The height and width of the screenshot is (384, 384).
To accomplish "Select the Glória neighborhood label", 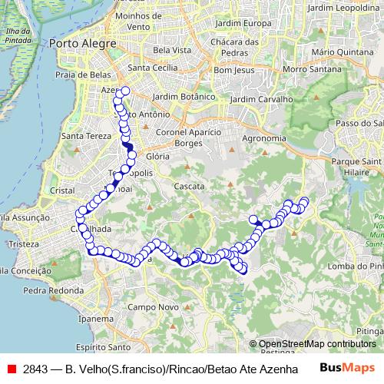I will point(157,155).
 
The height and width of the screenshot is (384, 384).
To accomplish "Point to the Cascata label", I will point(189,187).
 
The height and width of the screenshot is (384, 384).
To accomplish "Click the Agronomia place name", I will point(263,138).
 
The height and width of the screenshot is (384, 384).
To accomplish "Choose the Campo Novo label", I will point(147,307).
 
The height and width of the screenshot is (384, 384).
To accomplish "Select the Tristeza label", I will point(19,243).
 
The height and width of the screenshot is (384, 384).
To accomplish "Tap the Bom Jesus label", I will point(233,70).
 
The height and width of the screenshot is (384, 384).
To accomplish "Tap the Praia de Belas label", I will point(84,74).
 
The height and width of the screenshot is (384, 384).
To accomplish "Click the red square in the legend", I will point(12,368).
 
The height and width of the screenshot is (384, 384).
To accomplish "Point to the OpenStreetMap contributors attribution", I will point(316,344).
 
